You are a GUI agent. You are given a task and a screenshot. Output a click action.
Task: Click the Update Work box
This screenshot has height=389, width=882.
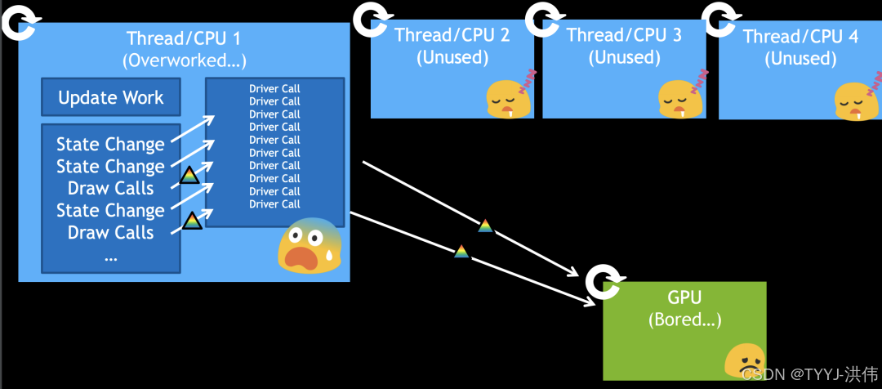click(x=110, y=97)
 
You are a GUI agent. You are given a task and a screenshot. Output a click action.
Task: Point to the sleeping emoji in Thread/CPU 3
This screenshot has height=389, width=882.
click(x=680, y=96)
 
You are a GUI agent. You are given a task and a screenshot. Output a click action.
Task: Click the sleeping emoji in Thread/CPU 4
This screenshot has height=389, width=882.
click(x=857, y=99)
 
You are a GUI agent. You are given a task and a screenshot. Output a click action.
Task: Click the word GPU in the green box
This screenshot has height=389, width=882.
click(x=684, y=297)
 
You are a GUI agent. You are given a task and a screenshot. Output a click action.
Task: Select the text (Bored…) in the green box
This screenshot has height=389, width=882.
click(x=684, y=320)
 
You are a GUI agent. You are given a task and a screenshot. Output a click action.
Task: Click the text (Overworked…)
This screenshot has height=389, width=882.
click(x=185, y=60)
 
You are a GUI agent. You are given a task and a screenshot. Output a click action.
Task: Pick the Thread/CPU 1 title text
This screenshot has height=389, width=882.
click(x=185, y=38)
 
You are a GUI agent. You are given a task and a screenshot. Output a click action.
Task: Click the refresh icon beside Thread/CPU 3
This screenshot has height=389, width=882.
click(x=542, y=19)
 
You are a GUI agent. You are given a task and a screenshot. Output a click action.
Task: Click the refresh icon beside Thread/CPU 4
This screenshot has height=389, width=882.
click(x=719, y=19)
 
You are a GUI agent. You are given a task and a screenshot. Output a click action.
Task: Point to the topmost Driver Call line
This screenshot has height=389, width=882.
click(x=274, y=88)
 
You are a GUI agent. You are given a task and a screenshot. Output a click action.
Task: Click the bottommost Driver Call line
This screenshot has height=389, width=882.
click(x=274, y=204)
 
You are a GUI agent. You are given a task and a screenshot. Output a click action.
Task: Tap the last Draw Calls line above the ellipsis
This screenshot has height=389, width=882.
click(x=110, y=233)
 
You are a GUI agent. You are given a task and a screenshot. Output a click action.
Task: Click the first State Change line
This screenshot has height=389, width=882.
click(x=110, y=145)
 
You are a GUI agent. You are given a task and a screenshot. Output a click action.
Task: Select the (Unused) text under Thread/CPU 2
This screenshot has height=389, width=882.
click(x=452, y=57)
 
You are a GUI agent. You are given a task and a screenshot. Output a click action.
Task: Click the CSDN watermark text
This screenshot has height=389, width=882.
click(x=809, y=373)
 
